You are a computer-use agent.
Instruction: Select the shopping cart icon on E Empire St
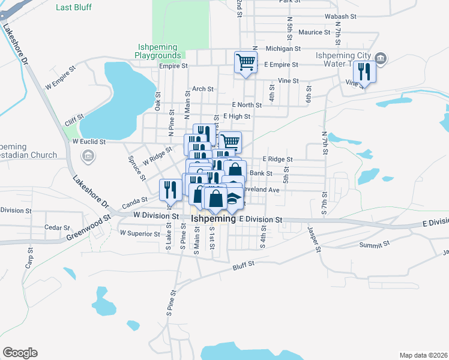[246, 62]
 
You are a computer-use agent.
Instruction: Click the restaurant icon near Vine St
[364, 71]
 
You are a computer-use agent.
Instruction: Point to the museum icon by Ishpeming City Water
[380, 58]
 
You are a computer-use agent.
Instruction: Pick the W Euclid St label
[89, 142]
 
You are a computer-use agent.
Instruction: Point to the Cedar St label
[58, 228]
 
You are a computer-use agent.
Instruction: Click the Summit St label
[375, 245]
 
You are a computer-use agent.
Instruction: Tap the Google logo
[20, 352]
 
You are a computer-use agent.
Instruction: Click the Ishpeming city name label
[213, 220]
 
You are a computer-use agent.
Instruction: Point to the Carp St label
[28, 259]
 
